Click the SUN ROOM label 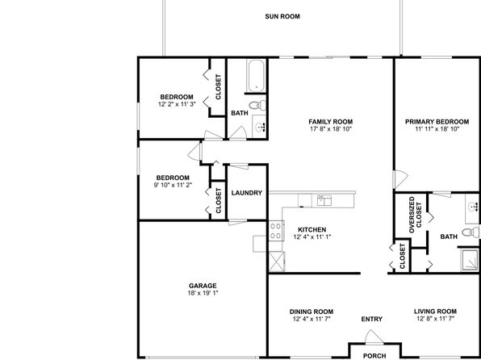(282, 17)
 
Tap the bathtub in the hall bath (256, 76)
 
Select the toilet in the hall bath (257, 105)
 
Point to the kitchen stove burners (276, 231)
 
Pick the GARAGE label (203, 286)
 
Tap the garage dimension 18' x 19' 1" (203, 293)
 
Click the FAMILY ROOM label (330, 122)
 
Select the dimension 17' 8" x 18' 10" (330, 129)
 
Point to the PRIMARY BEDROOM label (437, 122)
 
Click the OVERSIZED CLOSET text (416, 215)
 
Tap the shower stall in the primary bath (470, 260)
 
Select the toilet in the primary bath (471, 232)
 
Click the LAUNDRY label (247, 193)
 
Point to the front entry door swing (374, 337)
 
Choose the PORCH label (374, 356)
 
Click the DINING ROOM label (312, 312)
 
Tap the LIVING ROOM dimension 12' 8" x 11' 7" (435, 319)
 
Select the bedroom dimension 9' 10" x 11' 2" (173, 185)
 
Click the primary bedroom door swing (400, 179)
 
